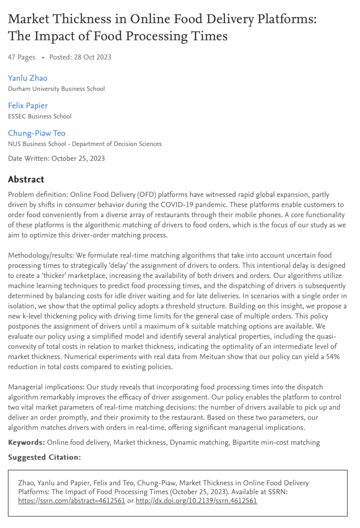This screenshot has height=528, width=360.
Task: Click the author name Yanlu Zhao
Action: click(x=28, y=78)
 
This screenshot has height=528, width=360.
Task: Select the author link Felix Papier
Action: click(x=28, y=106)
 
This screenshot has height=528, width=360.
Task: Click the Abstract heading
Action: click(x=26, y=179)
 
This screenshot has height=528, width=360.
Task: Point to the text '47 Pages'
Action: click(x=22, y=57)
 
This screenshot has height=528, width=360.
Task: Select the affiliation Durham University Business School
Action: click(x=56, y=89)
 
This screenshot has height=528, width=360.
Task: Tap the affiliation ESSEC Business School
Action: click(x=40, y=116)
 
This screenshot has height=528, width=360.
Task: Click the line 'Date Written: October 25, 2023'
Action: click(x=56, y=158)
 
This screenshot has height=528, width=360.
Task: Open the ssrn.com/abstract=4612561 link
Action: click(x=71, y=500)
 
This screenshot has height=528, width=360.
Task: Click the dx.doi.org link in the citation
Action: click(x=196, y=500)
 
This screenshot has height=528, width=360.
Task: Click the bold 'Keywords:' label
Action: click(x=26, y=442)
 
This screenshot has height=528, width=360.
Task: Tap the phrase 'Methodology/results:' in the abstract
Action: click(x=40, y=255)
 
